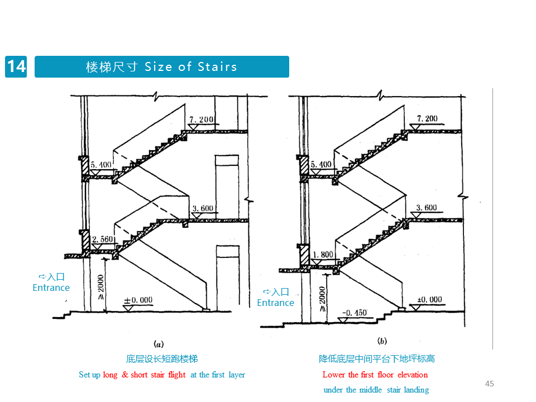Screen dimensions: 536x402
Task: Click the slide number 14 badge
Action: pos(16,66)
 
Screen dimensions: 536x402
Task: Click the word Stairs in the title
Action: pos(217,66)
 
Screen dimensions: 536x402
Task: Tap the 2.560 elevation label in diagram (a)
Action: pos(103,240)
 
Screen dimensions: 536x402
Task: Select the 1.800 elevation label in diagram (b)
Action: pos(323,255)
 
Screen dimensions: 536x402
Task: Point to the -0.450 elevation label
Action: pos(355,313)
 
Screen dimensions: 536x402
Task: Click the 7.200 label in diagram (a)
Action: pos(202,119)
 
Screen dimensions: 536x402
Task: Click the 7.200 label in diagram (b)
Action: pos(427,118)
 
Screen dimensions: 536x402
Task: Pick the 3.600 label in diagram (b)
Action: pos(427,208)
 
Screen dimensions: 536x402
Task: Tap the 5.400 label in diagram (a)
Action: pos(101,165)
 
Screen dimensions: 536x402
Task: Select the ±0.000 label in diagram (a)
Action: pos(138,300)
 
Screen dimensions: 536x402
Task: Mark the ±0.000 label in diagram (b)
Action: pos(430,300)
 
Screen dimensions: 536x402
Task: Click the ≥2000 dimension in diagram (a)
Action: pos(100,287)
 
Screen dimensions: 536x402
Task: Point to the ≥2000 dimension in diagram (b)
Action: pos(322,299)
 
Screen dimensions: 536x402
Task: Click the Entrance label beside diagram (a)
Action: pos(51,288)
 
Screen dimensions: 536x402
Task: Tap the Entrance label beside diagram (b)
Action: pos(275,303)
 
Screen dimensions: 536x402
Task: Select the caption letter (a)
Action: pos(159,344)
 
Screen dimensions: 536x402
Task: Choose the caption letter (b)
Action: pos(382,341)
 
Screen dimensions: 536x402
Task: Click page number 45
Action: pos(490,384)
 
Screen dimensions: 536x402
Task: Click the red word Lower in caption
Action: pos(334,375)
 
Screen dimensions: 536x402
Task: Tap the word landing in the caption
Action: pos(417,390)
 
